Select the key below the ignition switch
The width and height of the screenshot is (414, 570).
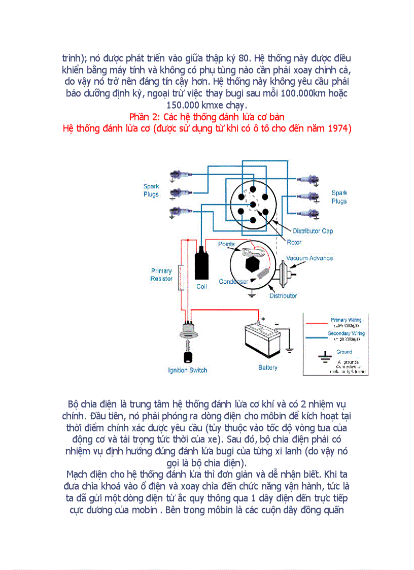coord(187,354)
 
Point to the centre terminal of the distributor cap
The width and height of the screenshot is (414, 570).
coord(253,204)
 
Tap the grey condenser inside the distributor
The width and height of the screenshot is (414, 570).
coord(264,274)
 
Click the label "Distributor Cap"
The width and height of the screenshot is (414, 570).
coord(313,231)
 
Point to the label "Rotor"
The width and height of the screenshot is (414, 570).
coord(294,243)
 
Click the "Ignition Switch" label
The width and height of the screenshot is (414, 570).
coord(187,371)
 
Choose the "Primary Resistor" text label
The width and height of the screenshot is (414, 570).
coord(161,275)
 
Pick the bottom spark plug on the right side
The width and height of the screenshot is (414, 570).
coord(310,212)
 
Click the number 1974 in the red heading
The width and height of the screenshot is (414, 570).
coord(337,128)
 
